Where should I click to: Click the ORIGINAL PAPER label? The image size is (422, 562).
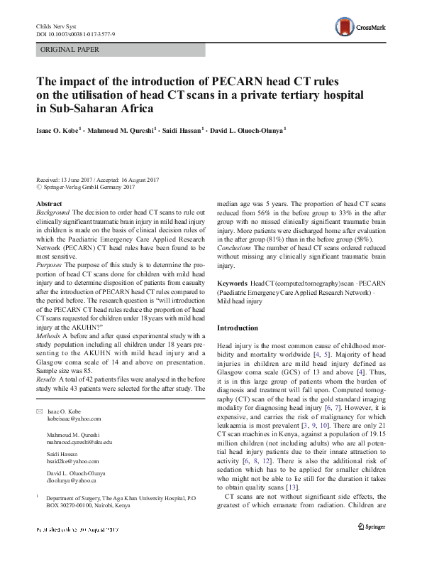(x=70, y=50)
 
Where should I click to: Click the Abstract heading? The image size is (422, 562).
(x=49, y=204)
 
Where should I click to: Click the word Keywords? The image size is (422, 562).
(x=232, y=283)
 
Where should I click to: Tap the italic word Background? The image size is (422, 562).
(x=52, y=212)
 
